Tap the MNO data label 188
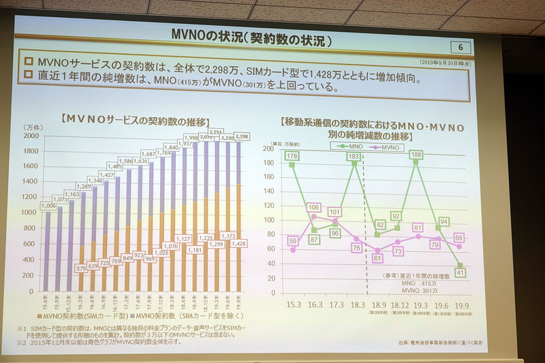416,156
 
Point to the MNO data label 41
461,272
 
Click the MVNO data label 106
314,208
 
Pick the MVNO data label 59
293,240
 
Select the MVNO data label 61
377,258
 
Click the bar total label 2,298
246,136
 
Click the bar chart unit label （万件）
33,127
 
